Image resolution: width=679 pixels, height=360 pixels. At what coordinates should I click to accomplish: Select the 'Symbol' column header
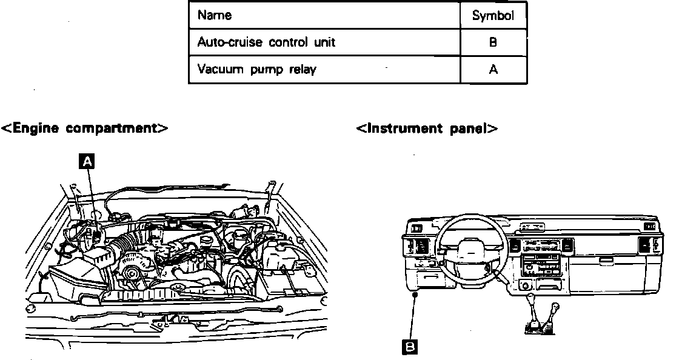coord(493,16)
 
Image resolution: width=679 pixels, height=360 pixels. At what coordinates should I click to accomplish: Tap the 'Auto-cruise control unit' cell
coord(266,42)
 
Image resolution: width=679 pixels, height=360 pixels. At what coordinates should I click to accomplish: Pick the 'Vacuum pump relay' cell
coord(256,69)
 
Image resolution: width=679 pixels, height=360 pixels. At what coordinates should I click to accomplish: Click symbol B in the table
coord(493,43)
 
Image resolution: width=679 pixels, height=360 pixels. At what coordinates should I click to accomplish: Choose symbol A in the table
coord(493,70)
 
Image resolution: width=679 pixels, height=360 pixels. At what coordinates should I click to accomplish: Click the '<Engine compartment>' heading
coord(84,128)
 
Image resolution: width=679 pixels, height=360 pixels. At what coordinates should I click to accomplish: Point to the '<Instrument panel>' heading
coord(427,128)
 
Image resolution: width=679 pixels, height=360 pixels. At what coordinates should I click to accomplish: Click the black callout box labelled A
coord(88,161)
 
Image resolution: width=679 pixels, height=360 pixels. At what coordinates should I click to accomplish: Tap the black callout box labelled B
coord(410,347)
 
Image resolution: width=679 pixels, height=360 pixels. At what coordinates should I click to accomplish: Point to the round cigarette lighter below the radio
coord(524,285)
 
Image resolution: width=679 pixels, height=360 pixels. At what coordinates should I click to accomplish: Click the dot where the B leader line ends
coord(414,295)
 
